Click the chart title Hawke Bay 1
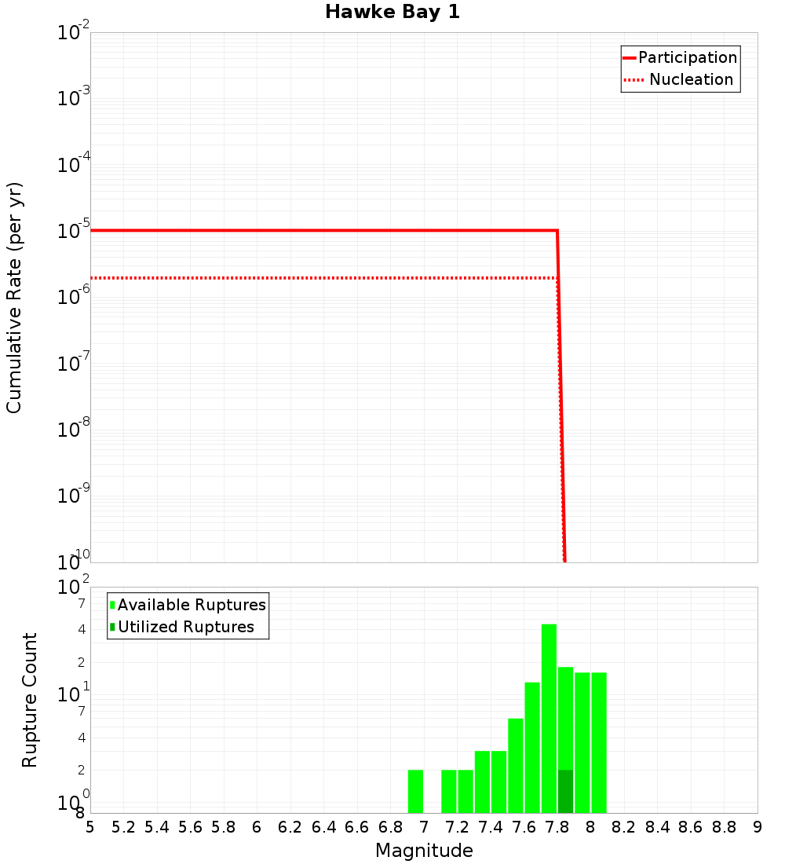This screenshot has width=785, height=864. tap(392, 12)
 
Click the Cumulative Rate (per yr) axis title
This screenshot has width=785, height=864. tap(14, 298)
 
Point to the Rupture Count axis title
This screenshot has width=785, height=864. tap(30, 700)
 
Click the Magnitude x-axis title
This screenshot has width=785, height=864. tap(424, 851)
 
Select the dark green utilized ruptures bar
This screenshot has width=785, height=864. tap(565, 792)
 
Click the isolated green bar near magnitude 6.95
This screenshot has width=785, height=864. tap(415, 792)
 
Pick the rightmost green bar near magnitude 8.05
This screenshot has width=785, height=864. tap(599, 742)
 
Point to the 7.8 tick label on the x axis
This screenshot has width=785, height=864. tap(557, 827)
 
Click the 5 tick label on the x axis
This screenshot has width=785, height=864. tap(90, 827)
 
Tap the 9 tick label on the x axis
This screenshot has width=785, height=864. tap(757, 827)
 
